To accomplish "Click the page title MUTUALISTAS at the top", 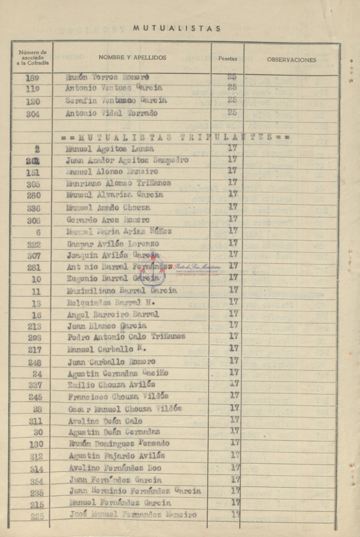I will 177,28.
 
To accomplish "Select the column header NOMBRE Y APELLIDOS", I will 132,58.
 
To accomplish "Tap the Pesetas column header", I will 228,59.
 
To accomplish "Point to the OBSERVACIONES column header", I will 292,60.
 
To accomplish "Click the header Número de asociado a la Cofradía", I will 33,58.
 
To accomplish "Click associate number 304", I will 33,114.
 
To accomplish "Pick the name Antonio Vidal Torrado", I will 111,113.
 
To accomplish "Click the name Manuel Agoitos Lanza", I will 110,148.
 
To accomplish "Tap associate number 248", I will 33,362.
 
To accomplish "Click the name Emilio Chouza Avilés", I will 112,384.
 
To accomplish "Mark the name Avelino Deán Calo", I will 105,421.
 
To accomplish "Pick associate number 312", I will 36,456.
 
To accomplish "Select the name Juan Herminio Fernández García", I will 135,491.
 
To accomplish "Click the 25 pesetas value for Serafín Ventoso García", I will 232,100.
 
